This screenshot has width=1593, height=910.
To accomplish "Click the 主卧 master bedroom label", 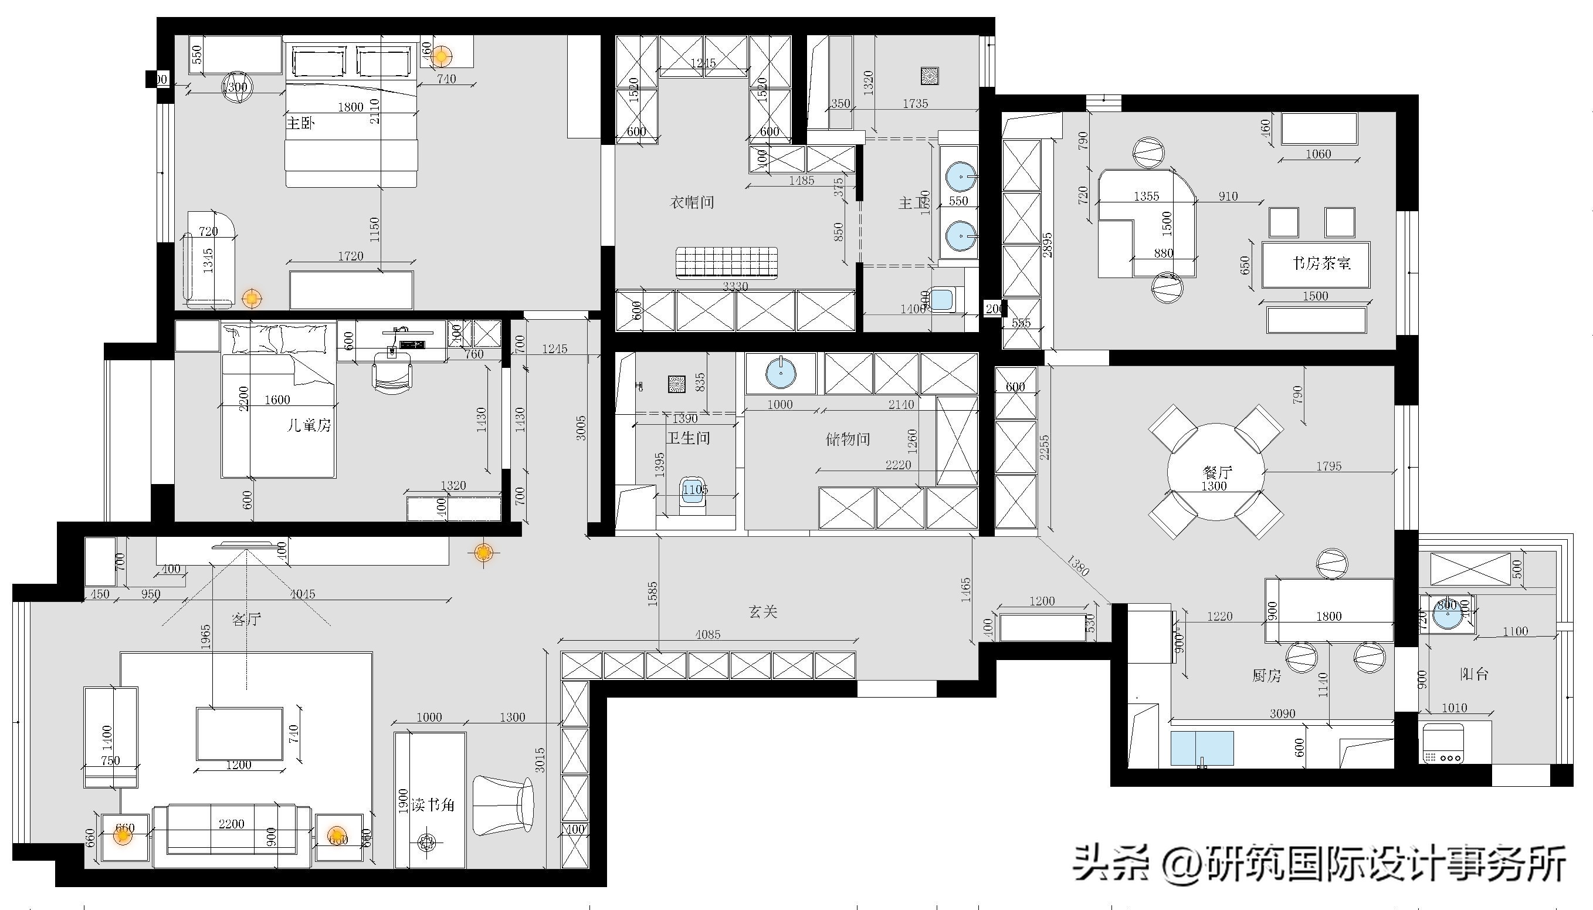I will tap(300, 123).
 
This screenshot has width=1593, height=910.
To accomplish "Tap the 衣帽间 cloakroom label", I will tap(692, 202).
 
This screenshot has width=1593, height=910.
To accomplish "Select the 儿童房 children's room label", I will tap(309, 425).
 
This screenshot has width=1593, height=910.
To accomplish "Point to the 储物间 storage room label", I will tap(848, 439).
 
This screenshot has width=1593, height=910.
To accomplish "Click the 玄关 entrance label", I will tap(762, 612).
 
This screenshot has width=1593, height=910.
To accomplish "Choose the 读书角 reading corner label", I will tap(433, 805).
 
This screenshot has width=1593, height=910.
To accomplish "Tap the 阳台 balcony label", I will tap(1475, 674).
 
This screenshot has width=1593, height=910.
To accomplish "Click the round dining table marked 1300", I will tap(1215, 472).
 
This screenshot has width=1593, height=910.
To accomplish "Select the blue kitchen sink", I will tap(1202, 748).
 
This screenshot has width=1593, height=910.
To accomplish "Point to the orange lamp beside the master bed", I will tap(441, 56).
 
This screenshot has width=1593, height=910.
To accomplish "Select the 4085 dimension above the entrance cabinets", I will tap(707, 634).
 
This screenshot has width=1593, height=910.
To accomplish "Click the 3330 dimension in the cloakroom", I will tap(736, 286).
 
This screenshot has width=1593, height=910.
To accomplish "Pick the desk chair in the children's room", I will tap(392, 375).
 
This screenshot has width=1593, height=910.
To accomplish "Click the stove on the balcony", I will tap(1443, 744).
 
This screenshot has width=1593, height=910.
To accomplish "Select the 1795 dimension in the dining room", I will tap(1328, 466).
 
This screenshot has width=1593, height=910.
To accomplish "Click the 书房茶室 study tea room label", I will tap(1321, 263).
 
